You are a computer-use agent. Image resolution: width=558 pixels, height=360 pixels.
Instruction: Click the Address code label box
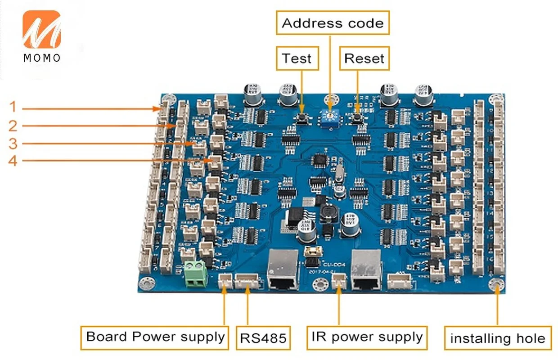coord(333,23)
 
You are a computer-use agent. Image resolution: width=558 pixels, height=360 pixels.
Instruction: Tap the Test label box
coord(297,58)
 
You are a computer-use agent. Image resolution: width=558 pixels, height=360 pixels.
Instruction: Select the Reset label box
coord(364,58)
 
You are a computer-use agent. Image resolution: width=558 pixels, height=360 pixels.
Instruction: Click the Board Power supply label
coord(155,337)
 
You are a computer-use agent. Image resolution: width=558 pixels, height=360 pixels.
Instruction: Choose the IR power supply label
coord(367,337)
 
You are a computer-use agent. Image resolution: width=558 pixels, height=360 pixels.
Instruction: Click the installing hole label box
coord(498,338)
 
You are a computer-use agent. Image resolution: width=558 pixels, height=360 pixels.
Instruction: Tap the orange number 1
coord(13,107)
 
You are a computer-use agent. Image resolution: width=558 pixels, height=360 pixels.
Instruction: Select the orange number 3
coord(13,144)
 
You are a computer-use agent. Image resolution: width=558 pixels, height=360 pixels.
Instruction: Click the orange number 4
coord(13,160)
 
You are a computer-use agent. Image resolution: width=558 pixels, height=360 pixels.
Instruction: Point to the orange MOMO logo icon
coord(42,30)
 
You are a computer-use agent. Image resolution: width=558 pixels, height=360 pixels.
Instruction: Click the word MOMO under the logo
coord(42,58)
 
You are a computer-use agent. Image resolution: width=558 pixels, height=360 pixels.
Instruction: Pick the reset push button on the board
coord(358,118)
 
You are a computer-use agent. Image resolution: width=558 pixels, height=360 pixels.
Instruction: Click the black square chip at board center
coord(320,161)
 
